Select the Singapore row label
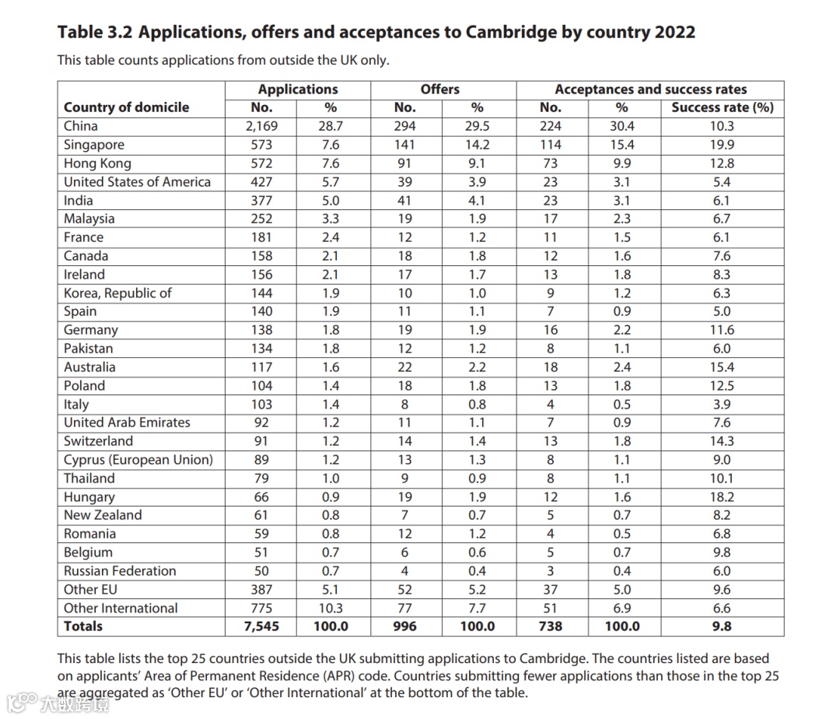coord(94,145)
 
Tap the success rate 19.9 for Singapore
coord(722,145)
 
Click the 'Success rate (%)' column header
coord(722,107)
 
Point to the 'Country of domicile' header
coord(127,107)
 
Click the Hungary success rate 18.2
coord(722,497)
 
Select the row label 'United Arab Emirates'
coord(127,423)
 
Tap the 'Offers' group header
coord(440,89)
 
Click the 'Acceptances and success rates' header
coord(650,89)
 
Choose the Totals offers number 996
coord(405,626)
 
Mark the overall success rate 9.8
coord(722,626)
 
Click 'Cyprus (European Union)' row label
coord(138,460)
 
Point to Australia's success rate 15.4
coord(722,367)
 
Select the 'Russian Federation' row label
coord(120,571)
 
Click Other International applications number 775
coord(261,609)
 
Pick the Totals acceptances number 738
coord(550,626)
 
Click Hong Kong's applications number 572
coord(261,163)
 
